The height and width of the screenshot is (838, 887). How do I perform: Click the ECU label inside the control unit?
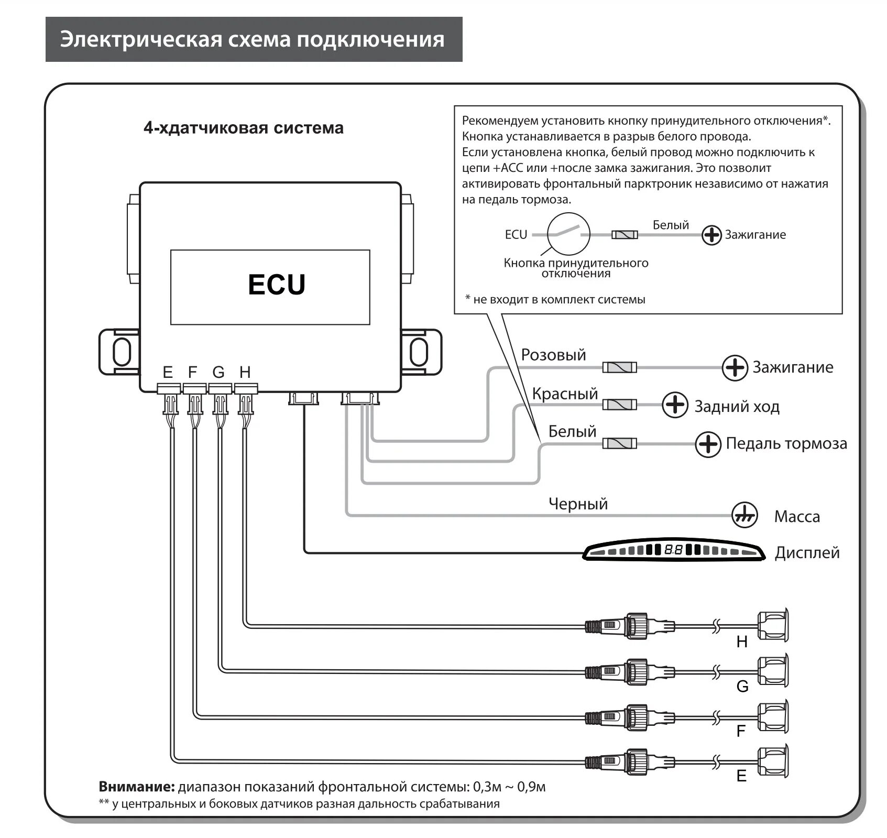click(276, 285)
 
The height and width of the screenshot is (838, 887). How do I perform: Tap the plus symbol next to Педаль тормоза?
click(708, 444)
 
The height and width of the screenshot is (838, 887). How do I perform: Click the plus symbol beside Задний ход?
click(675, 405)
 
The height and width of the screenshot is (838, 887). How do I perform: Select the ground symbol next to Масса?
click(744, 516)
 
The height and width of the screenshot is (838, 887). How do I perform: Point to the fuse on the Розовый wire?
click(619, 367)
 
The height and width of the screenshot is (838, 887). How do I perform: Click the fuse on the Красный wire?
click(619, 405)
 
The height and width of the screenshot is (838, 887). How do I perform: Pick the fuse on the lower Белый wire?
click(619, 444)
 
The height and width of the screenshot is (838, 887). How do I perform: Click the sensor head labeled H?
click(773, 624)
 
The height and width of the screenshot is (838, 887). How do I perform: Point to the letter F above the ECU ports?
click(192, 372)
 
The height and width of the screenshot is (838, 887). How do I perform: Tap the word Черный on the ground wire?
click(578, 504)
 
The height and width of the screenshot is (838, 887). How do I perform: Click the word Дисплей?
click(807, 552)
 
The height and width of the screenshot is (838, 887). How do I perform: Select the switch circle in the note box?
click(568, 234)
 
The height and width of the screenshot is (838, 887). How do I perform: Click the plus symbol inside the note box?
click(711, 235)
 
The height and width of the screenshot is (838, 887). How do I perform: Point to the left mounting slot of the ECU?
click(121, 352)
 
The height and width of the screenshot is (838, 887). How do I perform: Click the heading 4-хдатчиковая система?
click(244, 128)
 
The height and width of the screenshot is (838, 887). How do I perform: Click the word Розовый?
click(553, 355)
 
